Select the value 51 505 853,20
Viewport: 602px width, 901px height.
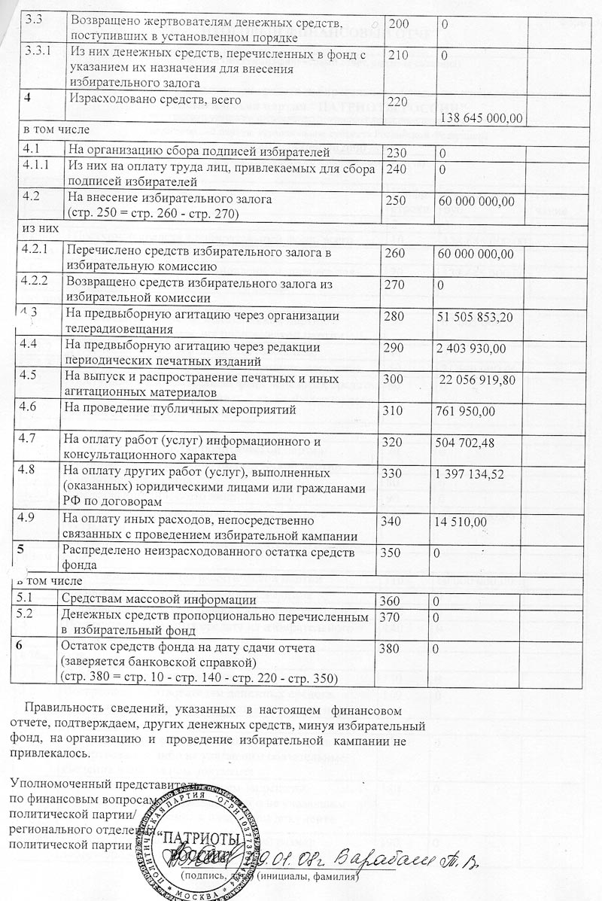(475, 320)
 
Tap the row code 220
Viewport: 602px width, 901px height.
(395, 100)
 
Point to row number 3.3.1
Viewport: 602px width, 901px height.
(37, 52)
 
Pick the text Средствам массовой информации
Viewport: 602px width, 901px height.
(160, 600)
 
